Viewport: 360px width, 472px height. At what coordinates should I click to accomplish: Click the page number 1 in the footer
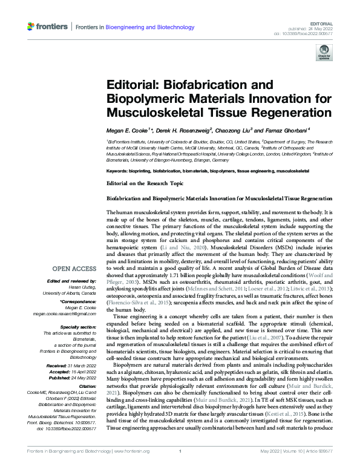click(x=180, y=467)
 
